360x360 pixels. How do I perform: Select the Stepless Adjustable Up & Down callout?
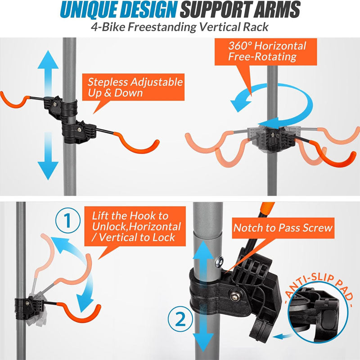coord(135,87)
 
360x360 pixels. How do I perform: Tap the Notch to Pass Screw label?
coord(283,228)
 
